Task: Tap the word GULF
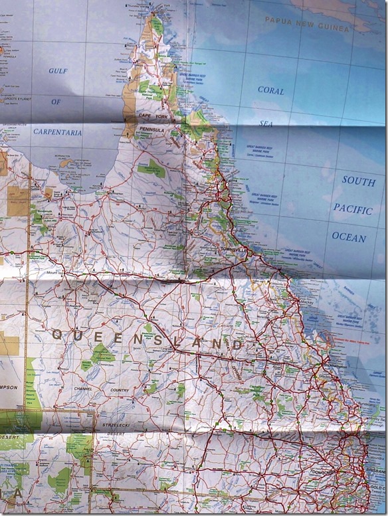[x=58, y=70]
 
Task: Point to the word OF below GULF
[x=56, y=102]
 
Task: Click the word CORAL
[x=270, y=90]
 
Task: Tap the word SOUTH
[x=358, y=180]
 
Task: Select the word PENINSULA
[x=151, y=130]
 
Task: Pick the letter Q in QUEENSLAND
[x=56, y=335]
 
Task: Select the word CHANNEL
[x=84, y=389]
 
